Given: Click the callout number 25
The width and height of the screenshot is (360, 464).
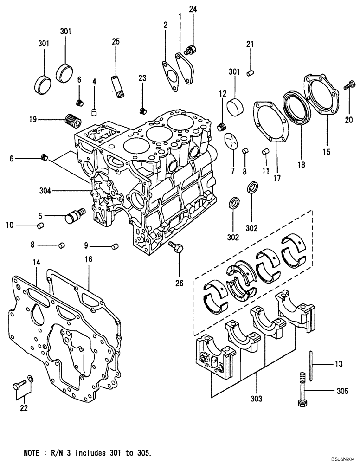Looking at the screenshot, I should (116, 42).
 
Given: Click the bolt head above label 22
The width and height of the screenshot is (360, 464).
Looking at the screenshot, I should (19, 384).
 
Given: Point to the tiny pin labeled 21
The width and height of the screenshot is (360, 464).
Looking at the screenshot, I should (250, 71).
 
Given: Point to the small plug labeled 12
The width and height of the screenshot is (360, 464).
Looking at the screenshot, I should (222, 126).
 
